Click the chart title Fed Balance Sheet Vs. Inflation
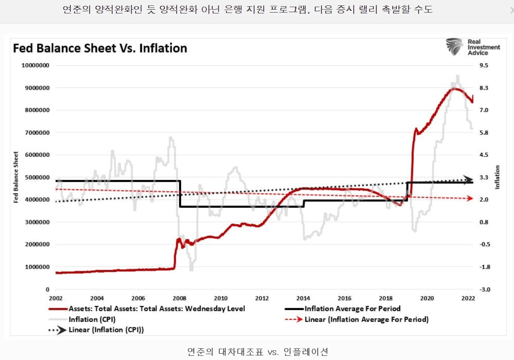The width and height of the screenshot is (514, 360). point(100,48)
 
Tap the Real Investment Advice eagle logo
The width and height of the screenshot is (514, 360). point(455,47)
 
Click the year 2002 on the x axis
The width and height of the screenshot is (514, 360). point(56,298)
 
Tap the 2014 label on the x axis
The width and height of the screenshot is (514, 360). point(303,298)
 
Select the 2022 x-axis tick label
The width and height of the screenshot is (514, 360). point(468,298)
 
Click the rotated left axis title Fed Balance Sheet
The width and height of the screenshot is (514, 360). point(16,177)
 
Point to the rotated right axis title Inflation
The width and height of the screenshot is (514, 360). point(498,177)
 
